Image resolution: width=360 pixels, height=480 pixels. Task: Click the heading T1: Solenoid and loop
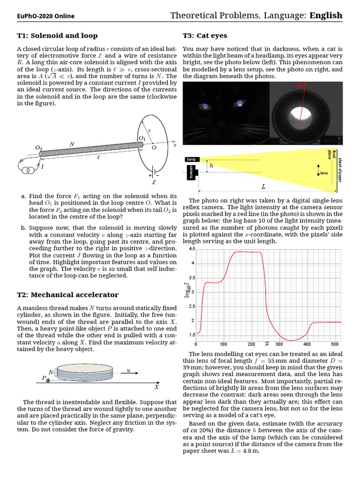coord(57,36)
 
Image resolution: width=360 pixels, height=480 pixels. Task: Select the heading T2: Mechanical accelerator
coord(67,295)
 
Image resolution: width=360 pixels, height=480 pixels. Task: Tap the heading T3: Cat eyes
coord(205,36)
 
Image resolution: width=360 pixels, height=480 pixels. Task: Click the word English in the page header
coord(326,15)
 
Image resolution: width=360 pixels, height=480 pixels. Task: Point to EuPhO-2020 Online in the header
coord(45,16)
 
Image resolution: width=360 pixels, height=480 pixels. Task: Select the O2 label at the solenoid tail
coord(39,148)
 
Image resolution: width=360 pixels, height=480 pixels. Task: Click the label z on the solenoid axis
coord(174,145)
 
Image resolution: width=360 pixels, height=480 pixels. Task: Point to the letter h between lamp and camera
coord(211,166)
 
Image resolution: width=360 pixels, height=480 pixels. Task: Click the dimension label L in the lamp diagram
coord(263,187)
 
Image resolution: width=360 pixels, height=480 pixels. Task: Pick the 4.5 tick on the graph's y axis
coord(192,249)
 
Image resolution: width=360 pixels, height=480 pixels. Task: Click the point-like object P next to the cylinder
coord(48,380)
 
